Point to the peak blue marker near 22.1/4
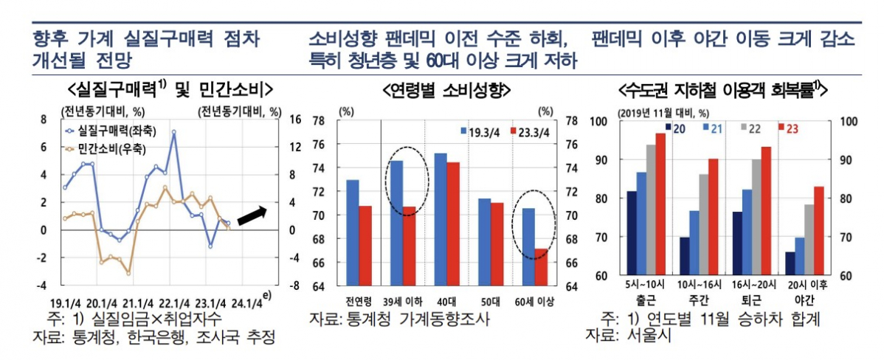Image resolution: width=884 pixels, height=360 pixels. (174, 133)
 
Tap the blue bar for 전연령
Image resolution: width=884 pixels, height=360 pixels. (353, 232)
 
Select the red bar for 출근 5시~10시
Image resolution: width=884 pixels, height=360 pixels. (660, 204)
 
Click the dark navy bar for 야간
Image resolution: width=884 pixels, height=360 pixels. (790, 263)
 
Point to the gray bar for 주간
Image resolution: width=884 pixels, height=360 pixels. (704, 225)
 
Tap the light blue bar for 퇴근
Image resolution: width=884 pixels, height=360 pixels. (747, 232)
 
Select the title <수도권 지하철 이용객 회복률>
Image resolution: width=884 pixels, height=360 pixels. (722, 91)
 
